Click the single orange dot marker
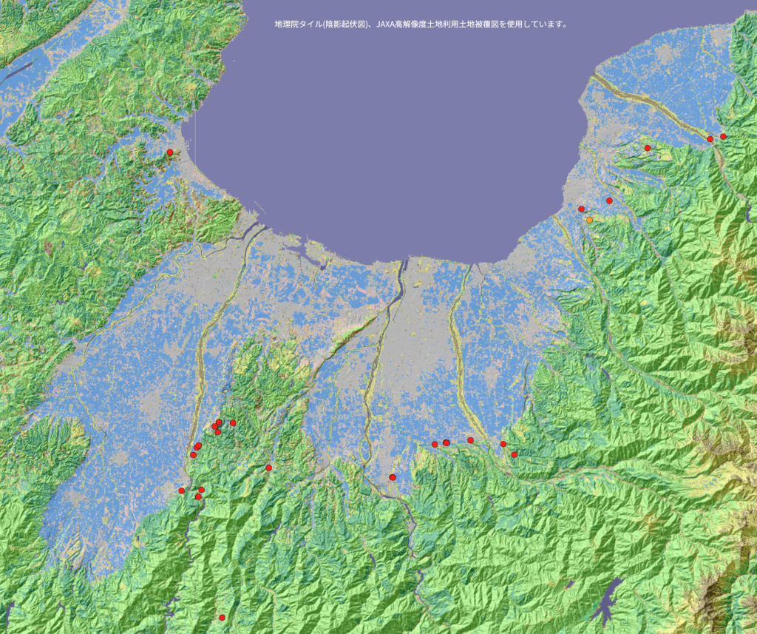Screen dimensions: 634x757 click(x=589, y=220)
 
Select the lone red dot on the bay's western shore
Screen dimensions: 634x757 click(x=170, y=152)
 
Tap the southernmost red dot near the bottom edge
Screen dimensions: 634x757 click(x=222, y=617)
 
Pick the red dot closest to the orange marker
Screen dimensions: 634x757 click(x=582, y=209)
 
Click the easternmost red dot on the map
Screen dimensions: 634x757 click(x=723, y=136)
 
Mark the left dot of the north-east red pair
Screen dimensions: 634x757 click(x=710, y=139)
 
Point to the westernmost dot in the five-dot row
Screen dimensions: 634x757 click(x=435, y=444)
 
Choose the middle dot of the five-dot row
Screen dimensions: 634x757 click(x=470, y=440)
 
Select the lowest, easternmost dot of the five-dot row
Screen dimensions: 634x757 click(x=515, y=454)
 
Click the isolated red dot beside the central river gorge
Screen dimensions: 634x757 click(x=393, y=477)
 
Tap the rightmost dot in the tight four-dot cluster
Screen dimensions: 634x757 click(x=233, y=422)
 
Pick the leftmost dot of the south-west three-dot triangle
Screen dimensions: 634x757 click(x=182, y=490)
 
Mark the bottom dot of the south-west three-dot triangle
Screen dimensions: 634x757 click(x=198, y=496)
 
